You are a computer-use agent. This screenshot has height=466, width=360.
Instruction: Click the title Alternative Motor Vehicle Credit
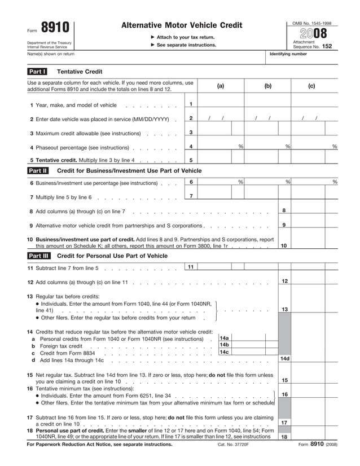click(181, 25)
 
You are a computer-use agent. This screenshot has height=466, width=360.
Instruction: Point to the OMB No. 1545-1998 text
click(312, 23)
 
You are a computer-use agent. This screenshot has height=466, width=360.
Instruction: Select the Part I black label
click(37, 72)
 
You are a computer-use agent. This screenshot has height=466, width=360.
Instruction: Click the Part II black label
click(38, 170)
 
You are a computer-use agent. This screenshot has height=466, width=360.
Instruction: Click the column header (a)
click(220, 86)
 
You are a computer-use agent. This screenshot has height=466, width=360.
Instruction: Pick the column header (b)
click(267, 86)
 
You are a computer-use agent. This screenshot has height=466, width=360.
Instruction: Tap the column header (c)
click(311, 86)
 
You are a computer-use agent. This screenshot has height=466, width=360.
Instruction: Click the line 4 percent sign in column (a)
click(241, 147)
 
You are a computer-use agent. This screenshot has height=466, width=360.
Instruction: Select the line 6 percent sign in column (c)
click(335, 182)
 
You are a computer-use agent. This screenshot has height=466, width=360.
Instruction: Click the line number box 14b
click(224, 345)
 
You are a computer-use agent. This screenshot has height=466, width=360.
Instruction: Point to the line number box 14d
click(284, 358)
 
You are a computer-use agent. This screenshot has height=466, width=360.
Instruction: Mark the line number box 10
click(284, 245)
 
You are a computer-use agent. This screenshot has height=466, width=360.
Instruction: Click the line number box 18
click(284, 436)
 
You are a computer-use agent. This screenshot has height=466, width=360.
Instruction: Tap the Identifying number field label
click(288, 54)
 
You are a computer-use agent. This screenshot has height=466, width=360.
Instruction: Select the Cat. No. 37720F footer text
click(233, 445)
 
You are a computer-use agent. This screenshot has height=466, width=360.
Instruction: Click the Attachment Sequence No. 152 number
click(327, 47)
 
